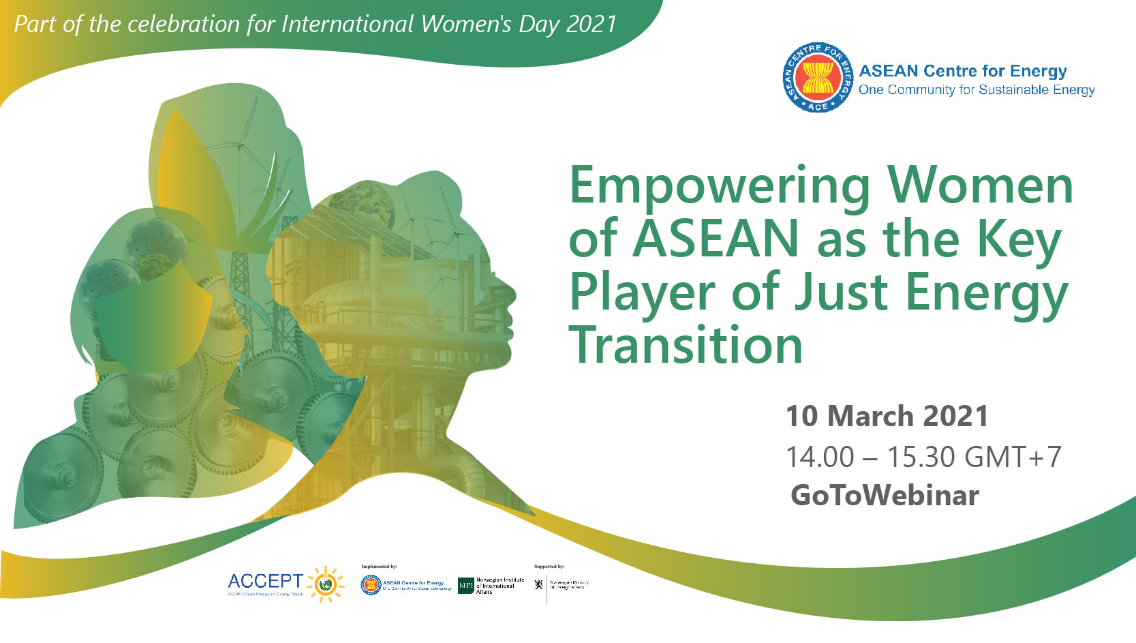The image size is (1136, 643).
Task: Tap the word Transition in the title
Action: pyautogui.click(x=686, y=346)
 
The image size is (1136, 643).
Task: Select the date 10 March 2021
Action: pyautogui.click(x=887, y=417)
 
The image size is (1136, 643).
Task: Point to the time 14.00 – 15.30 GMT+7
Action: pyautogui.click(x=923, y=457)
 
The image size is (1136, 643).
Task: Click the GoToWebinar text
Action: pyautogui.click(x=885, y=496)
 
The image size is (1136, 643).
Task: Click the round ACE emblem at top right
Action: pyautogui.click(x=817, y=77)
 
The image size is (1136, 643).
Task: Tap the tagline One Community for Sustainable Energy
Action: pyautogui.click(x=976, y=90)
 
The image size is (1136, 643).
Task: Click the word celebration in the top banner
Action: pyautogui.click(x=184, y=25)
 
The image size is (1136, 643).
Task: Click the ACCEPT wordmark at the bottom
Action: pyautogui.click(x=265, y=582)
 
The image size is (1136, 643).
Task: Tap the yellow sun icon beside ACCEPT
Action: pyautogui.click(x=326, y=584)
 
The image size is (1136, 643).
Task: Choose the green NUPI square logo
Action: pyautogui.click(x=465, y=586)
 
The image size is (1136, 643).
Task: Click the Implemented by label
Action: pyautogui.click(x=379, y=567)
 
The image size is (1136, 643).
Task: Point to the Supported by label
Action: pyautogui.click(x=549, y=567)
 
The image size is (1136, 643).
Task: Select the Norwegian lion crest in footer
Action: pyautogui.click(x=538, y=584)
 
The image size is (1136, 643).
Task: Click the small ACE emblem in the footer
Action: pyautogui.click(x=370, y=585)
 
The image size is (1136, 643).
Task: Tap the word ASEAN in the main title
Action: pyautogui.click(x=716, y=239)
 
